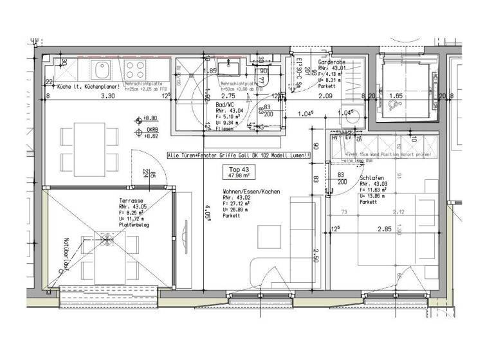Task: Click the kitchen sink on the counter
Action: [x=101, y=68]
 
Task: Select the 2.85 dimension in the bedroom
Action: [x=384, y=228]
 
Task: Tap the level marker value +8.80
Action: [x=151, y=118]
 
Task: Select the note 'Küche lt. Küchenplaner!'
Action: [x=85, y=86]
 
